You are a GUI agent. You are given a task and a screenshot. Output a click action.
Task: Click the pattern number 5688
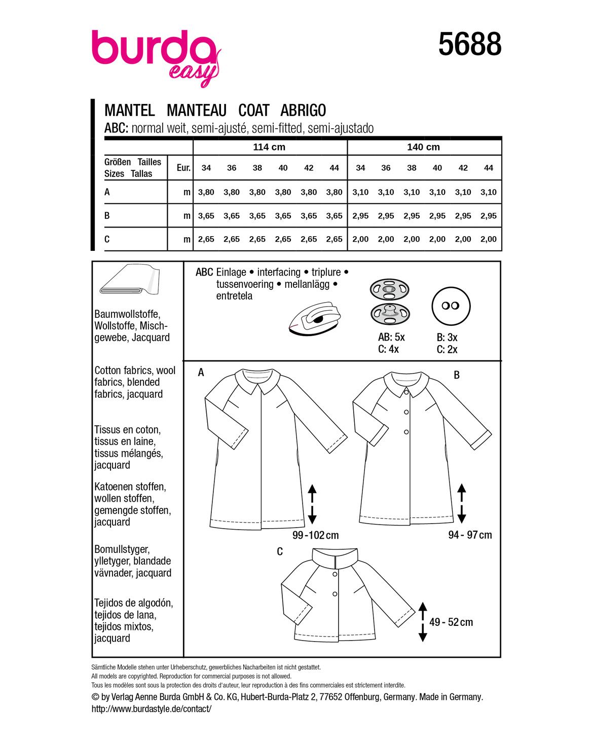point(469,44)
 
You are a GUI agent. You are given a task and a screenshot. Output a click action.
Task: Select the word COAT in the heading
point(253,110)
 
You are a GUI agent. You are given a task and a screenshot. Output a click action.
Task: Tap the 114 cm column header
point(269,147)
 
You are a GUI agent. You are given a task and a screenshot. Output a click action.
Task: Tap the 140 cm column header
point(423,147)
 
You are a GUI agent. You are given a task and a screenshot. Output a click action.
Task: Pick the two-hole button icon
point(451,306)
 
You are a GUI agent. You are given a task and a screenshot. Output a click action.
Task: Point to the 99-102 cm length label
point(315,535)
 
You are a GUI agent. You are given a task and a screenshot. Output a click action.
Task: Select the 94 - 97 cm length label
point(470,535)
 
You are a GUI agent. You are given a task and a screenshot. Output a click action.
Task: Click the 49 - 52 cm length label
point(451,622)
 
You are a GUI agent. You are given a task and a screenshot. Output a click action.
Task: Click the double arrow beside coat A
point(312,504)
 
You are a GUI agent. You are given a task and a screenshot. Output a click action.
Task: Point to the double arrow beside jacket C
point(423,622)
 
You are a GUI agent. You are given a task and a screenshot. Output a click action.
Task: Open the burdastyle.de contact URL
point(151,709)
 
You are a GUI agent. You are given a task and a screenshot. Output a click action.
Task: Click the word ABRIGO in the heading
point(303,110)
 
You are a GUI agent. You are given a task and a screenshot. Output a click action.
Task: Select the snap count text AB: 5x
point(391,337)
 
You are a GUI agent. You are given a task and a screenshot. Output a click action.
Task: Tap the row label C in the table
point(107,239)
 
